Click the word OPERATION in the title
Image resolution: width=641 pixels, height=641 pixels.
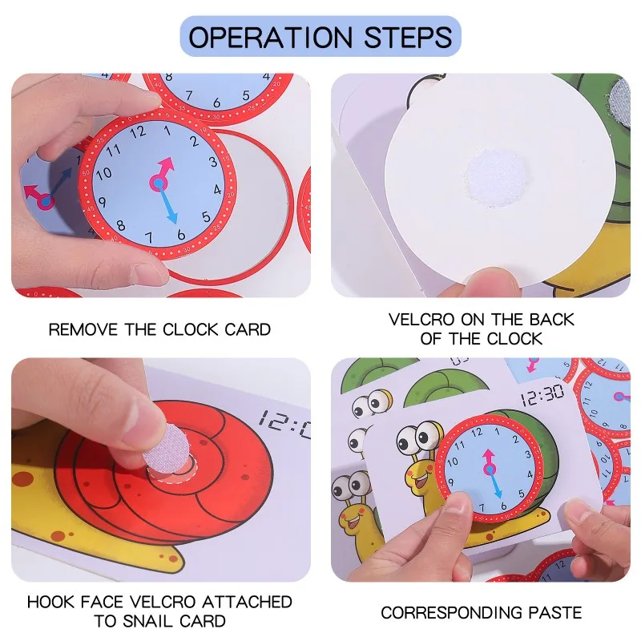pos(270,37)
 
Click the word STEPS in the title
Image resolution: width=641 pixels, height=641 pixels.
pos(408,37)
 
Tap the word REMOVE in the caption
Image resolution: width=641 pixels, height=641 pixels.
pos(83,329)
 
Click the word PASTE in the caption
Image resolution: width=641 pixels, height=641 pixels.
pos(554,613)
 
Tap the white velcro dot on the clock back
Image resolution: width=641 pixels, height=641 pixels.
pos(495,177)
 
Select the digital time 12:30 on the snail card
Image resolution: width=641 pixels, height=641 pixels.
pos(542,395)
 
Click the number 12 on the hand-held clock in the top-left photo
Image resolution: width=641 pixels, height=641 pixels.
pos(138,132)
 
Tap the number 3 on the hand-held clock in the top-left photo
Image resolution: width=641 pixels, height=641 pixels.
pos(213,162)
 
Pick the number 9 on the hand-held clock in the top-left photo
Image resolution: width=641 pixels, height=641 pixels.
pos(103,202)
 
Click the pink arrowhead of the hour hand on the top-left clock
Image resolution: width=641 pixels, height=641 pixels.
pos(167,165)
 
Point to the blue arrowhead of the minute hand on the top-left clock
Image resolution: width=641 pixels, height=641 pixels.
pos(172,216)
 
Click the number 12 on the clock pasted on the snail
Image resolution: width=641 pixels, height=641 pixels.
pos(476,432)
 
